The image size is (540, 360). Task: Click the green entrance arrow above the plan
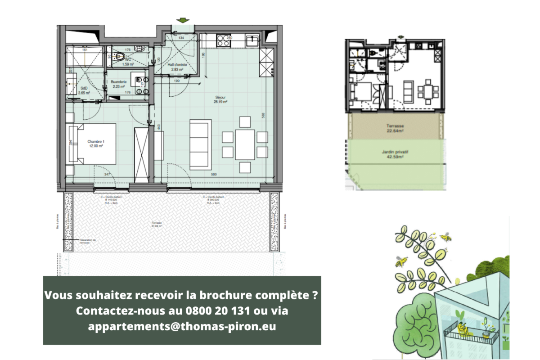pyautogui.click(x=183, y=20)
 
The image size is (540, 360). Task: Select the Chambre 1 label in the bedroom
pyautogui.click(x=95, y=144)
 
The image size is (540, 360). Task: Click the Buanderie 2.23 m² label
pyautogui.click(x=119, y=84)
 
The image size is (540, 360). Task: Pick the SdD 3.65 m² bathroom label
pyautogui.click(x=84, y=90)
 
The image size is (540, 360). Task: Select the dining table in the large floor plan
pyautogui.click(x=245, y=145)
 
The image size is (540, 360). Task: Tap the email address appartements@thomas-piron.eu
pyautogui.click(x=182, y=326)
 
